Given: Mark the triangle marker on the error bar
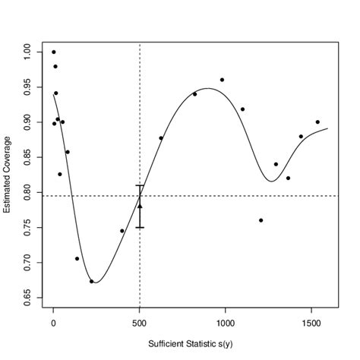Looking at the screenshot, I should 140,205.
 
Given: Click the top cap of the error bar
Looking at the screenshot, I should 140,185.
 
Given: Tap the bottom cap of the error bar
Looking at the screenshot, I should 140,227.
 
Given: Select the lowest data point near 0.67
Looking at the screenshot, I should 91,282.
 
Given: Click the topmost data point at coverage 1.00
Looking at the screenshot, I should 53,52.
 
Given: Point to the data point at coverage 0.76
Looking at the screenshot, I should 261,220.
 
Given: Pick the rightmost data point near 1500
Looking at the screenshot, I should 317,122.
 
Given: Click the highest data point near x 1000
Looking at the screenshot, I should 222,80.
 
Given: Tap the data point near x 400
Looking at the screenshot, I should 122,231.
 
